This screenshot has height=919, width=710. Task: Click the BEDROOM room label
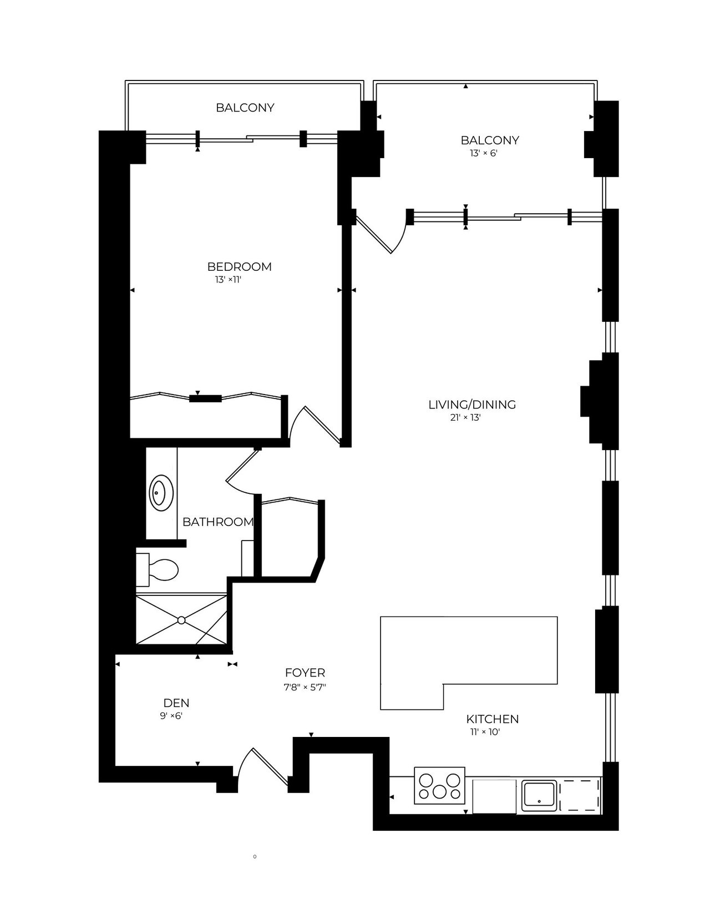pyautogui.click(x=239, y=267)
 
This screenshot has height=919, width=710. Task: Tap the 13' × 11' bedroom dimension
pyautogui.click(x=228, y=280)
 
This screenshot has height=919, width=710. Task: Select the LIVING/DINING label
pyautogui.click(x=472, y=405)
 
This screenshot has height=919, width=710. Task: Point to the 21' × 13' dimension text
pyautogui.click(x=466, y=418)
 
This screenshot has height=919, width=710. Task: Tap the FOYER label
pyautogui.click(x=305, y=673)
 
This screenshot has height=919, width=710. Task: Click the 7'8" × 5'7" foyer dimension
pyautogui.click(x=305, y=688)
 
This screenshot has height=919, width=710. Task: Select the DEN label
pyautogui.click(x=176, y=703)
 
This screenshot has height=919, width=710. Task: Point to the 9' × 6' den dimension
pyautogui.click(x=171, y=716)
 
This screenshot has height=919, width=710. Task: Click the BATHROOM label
pyautogui.click(x=217, y=522)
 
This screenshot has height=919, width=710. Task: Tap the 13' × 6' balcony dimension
pyautogui.click(x=484, y=153)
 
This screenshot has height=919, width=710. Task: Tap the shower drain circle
pyautogui.click(x=181, y=620)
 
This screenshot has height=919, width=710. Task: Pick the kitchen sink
pyautogui.click(x=539, y=795)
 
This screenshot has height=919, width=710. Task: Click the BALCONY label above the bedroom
pyautogui.click(x=245, y=108)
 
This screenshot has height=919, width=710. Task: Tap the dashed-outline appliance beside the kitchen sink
pyautogui.click(x=580, y=795)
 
